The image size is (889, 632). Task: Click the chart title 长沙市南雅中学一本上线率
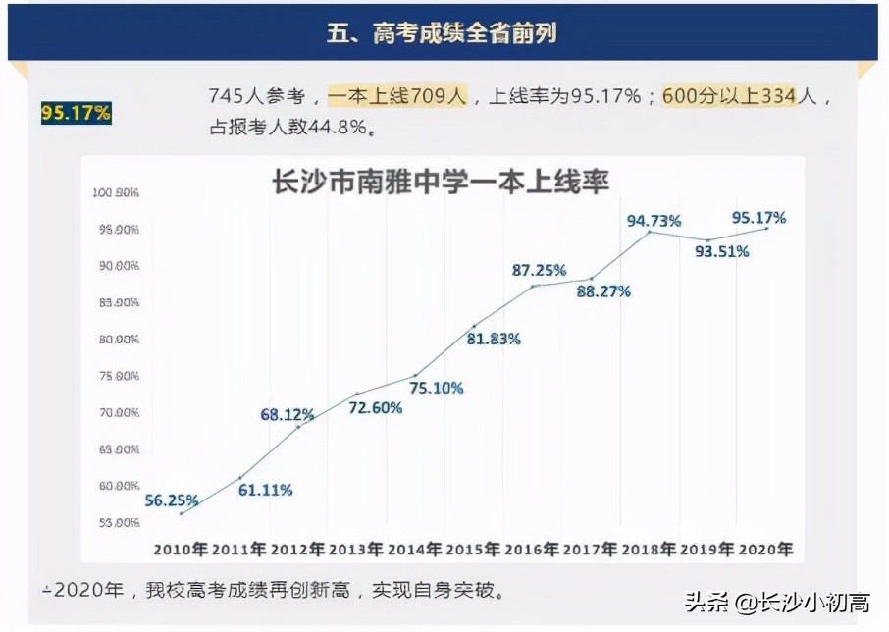441,184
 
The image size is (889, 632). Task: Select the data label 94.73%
654,221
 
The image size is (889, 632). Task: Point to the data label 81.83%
493,339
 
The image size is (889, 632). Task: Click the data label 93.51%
721,251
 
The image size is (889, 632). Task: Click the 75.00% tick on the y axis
117,376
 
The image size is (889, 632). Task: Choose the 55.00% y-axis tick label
117,522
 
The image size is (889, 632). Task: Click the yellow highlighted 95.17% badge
76,113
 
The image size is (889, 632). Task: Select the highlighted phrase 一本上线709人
397,96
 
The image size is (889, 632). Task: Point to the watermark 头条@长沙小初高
776,601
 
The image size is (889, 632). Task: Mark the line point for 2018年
649,232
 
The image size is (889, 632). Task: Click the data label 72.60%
375,407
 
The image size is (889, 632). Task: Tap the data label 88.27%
603,291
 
